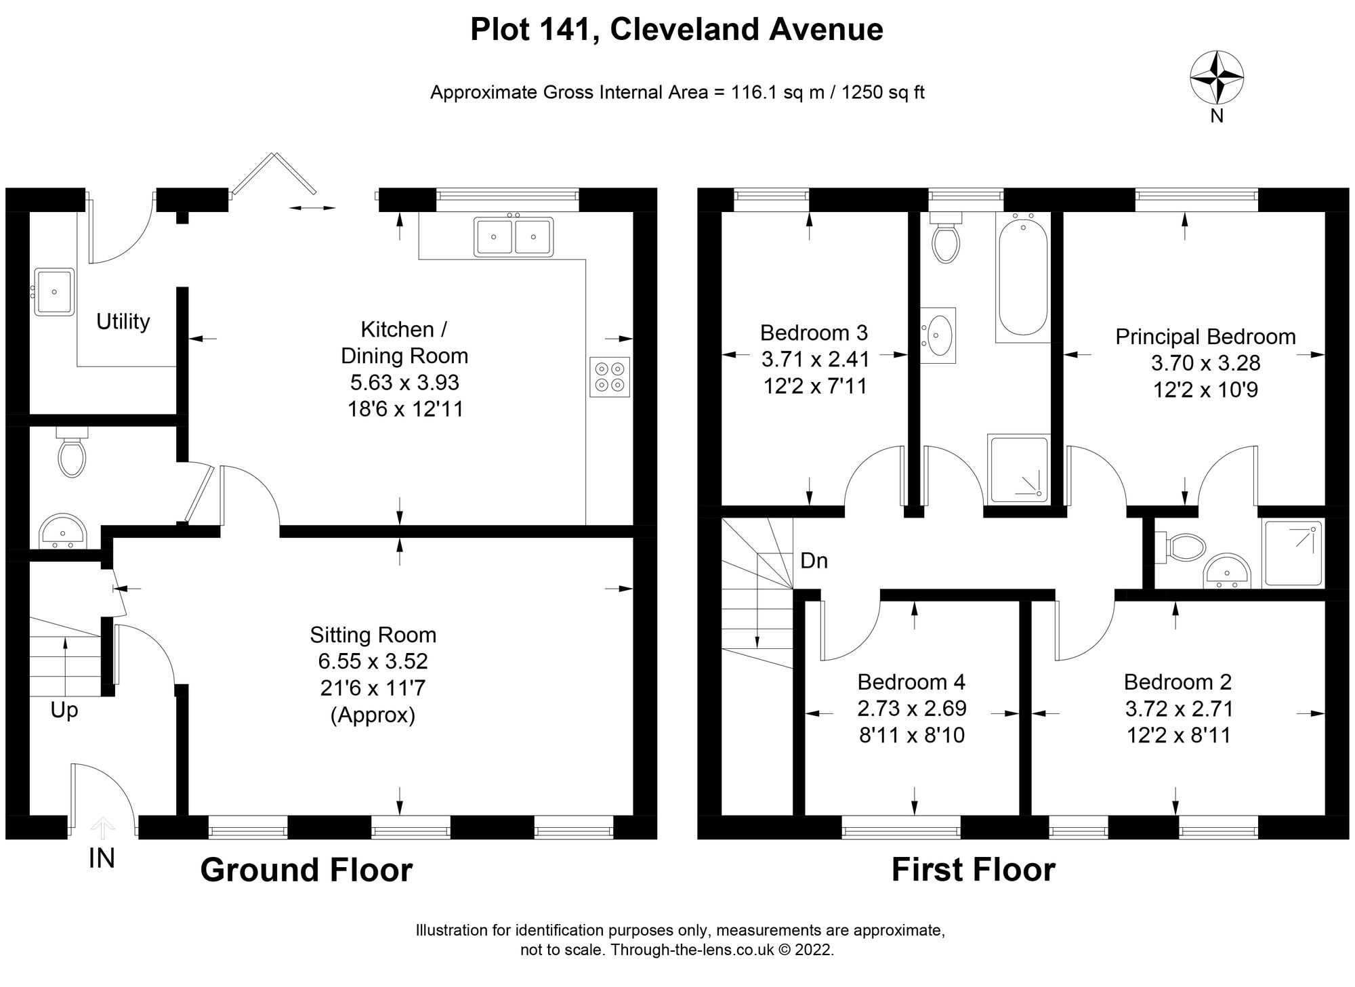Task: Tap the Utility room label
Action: (x=123, y=321)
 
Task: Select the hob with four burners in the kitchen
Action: (x=610, y=377)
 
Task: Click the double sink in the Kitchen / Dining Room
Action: (x=514, y=236)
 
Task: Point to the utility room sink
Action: (x=54, y=292)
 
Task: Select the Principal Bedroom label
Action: (x=1205, y=337)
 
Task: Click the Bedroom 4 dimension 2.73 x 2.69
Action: (x=912, y=709)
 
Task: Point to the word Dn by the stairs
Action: (x=814, y=561)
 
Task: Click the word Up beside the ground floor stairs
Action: (x=64, y=711)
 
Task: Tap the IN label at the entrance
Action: (x=102, y=859)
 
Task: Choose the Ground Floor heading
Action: (x=306, y=870)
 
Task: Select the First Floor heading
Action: (x=974, y=870)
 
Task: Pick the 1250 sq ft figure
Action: (x=883, y=92)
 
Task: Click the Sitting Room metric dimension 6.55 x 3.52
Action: (x=373, y=661)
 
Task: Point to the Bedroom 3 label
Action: (x=814, y=333)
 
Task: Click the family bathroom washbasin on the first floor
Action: (x=938, y=333)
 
